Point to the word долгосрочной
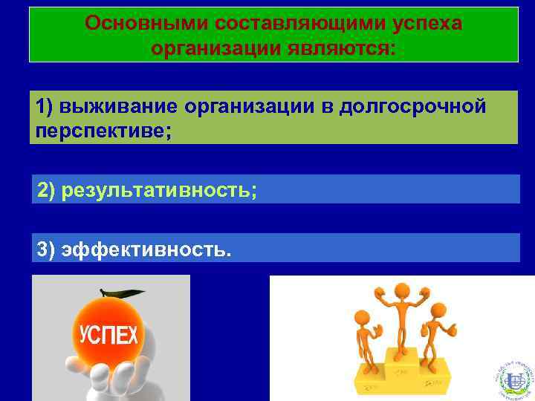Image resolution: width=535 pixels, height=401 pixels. [413, 106]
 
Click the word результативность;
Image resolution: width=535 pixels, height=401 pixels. [160, 190]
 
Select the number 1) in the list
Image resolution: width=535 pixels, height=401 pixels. [46, 106]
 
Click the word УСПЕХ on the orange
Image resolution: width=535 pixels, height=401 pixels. [108, 335]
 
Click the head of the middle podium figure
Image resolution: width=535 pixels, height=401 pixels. [402, 290]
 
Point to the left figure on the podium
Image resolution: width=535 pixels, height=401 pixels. [367, 342]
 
